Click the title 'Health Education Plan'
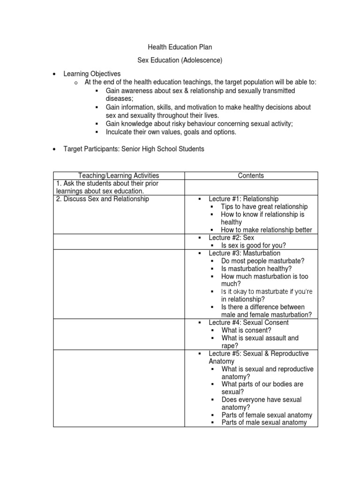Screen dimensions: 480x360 click(x=180, y=47)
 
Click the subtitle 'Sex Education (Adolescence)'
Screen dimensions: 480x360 click(x=180, y=60)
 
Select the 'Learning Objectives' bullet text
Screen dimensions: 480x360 click(x=92, y=74)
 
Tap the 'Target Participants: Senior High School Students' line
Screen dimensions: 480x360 click(x=134, y=149)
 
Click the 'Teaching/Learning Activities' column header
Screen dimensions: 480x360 click(x=119, y=175)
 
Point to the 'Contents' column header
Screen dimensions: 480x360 click(x=251, y=175)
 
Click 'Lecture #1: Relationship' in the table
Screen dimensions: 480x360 click(x=243, y=199)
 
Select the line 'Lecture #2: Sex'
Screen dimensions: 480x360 click(x=231, y=238)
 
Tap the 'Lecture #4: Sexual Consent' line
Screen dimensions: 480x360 click(x=248, y=322)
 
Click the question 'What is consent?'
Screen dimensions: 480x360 click(x=246, y=330)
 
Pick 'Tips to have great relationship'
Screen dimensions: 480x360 click(x=264, y=207)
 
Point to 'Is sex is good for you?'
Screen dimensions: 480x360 click(x=254, y=245)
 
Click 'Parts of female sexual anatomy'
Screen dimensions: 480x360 click(x=267, y=415)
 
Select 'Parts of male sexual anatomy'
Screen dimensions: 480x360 click(x=264, y=422)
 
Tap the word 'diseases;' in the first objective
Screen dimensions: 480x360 click(x=120, y=98)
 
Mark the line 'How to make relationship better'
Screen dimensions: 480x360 click(x=266, y=230)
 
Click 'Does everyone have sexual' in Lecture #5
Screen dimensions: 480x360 click(x=262, y=399)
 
